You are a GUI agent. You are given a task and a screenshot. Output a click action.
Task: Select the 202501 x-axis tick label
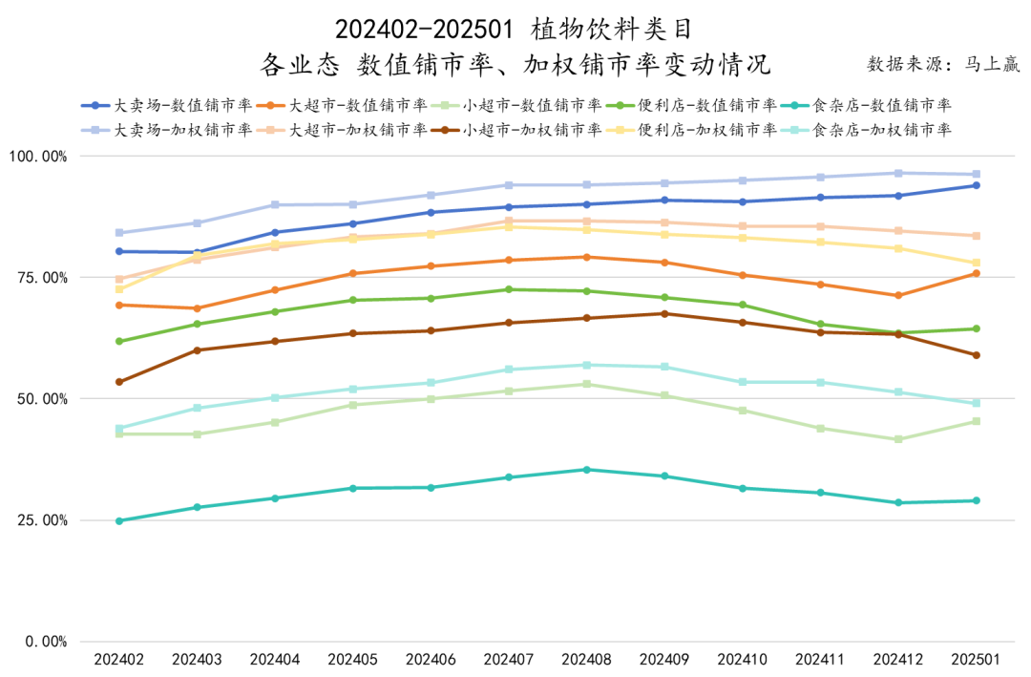pos(976,659)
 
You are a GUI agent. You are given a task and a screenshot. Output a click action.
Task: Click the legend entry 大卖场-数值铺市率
pos(167,105)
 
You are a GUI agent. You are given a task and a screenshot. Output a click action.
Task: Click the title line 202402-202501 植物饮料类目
pos(515,29)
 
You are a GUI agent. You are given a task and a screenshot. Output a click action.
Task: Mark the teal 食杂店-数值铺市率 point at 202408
pos(587,470)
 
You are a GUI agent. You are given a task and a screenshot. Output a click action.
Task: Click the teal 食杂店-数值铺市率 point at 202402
pos(119,520)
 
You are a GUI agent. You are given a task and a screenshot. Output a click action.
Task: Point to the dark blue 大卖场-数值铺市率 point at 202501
pos(976,185)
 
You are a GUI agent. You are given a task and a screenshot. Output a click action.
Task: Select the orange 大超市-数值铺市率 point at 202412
pos(898,295)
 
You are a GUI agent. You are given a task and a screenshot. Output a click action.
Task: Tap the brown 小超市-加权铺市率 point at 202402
pos(119,382)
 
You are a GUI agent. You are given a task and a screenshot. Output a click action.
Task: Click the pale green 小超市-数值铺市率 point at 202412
pos(898,439)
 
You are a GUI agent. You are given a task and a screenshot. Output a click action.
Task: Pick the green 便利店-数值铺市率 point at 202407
pos(509,289)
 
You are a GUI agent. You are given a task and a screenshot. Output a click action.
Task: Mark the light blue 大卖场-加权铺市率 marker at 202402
pos(119,233)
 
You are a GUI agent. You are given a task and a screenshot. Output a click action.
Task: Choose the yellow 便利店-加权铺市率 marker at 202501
pos(976,264)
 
